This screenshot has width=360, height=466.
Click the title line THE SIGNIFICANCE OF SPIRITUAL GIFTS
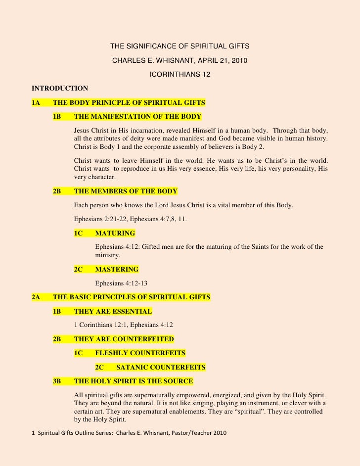(x=180, y=47)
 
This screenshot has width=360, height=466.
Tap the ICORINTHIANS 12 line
(x=180, y=75)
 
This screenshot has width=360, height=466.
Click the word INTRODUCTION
(x=60, y=89)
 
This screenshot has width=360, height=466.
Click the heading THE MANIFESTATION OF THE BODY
(x=137, y=117)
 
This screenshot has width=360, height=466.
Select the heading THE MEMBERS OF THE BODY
(x=125, y=191)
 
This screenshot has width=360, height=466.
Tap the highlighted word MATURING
(x=115, y=233)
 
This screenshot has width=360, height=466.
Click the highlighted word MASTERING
(x=117, y=270)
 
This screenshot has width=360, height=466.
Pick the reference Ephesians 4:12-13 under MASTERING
(x=121, y=283)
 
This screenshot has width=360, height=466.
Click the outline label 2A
(x=36, y=297)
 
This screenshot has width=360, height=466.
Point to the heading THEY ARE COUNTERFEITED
(x=124, y=339)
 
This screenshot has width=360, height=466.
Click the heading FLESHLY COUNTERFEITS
(x=140, y=353)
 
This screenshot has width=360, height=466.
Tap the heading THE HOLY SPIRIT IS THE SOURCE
(x=133, y=381)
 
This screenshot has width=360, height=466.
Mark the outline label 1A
(x=36, y=103)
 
